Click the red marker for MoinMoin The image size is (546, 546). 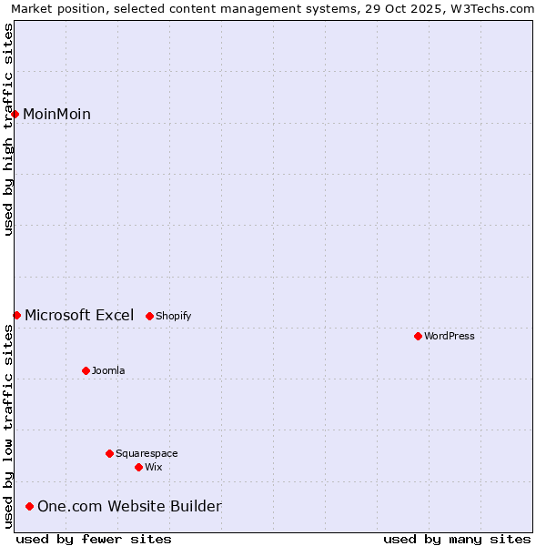(x=15, y=114)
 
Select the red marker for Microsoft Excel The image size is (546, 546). (x=16, y=315)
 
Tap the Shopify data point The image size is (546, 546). (x=149, y=316)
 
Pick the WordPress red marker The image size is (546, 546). (x=418, y=336)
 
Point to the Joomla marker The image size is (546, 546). (x=86, y=370)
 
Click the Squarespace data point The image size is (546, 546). (x=109, y=453)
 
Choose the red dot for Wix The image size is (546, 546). (x=138, y=467)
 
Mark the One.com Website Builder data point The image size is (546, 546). (x=30, y=506)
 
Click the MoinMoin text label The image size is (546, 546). (x=56, y=114)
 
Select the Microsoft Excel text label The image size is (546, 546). (x=79, y=315)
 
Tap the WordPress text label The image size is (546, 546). (x=450, y=336)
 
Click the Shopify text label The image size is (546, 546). (x=174, y=316)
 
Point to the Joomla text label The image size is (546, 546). (x=108, y=370)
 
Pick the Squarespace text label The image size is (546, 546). (x=147, y=453)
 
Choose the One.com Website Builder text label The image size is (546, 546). (x=129, y=506)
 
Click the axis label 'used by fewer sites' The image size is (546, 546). (x=94, y=539)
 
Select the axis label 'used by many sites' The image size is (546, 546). (x=457, y=539)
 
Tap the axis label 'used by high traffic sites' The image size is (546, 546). (x=8, y=129)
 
